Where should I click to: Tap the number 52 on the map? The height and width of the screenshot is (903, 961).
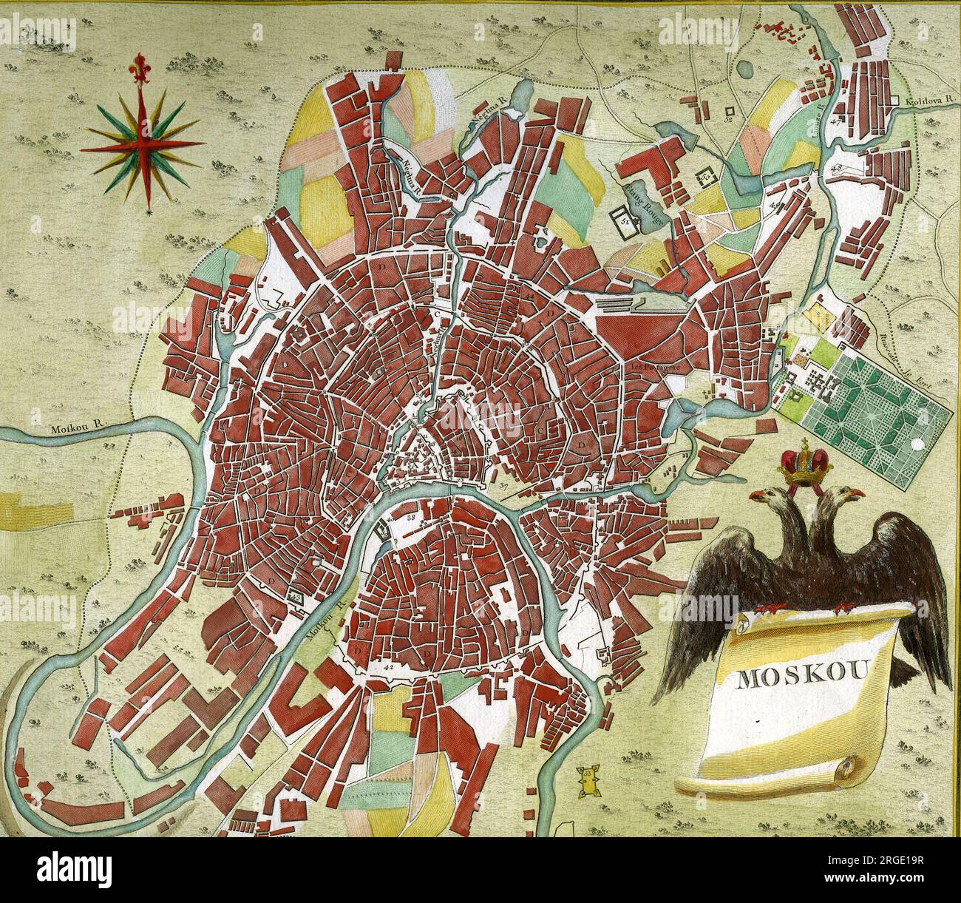(728, 118)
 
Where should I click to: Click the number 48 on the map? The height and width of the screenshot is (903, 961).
(837, 169)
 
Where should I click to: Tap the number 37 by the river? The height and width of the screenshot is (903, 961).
(504, 486)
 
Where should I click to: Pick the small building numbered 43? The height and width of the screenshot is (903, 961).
(296, 595)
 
